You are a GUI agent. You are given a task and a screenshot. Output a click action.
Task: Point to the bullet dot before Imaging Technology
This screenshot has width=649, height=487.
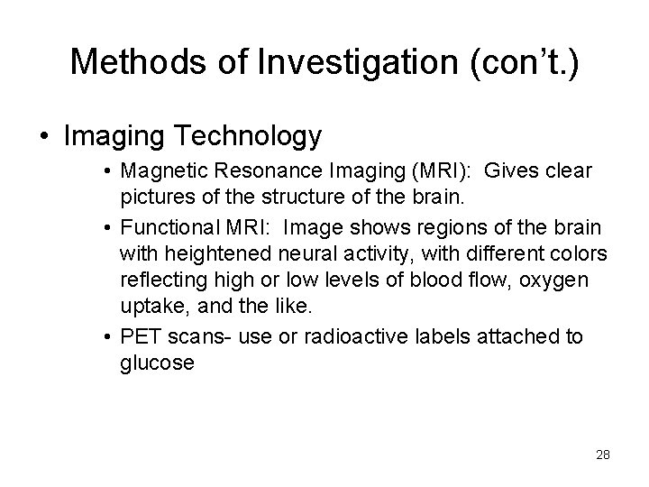(x=42, y=137)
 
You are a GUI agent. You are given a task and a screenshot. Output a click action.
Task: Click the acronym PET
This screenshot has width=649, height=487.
(x=140, y=337)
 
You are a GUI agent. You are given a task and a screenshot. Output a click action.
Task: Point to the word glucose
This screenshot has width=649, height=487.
(x=154, y=363)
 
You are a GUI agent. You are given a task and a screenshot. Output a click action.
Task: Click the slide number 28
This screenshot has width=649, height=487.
(x=602, y=455)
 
